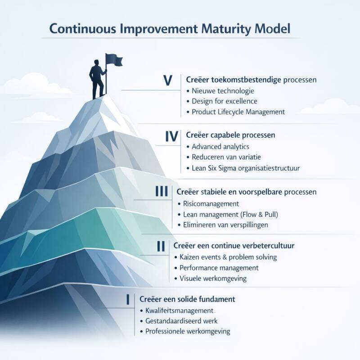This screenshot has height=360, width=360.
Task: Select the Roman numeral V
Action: click(168, 81)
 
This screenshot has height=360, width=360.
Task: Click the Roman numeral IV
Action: click(172, 136)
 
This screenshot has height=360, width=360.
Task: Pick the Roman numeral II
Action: click(162, 246)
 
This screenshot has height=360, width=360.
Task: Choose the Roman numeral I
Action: click(128, 299)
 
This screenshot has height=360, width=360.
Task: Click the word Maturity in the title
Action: click(229, 28)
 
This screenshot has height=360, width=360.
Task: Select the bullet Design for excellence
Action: click(225, 101)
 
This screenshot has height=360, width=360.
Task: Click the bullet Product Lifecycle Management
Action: click(238, 112)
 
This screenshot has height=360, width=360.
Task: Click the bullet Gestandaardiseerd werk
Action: click(181, 321)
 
